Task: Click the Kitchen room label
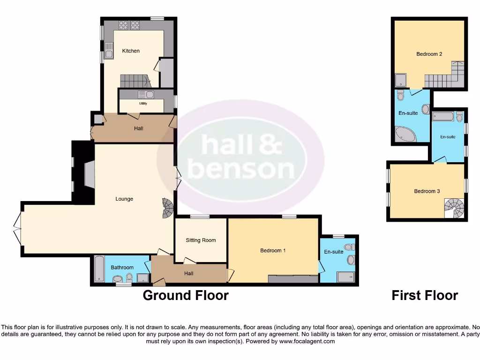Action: pyautogui.click(x=131, y=51)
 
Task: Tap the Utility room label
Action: pyautogui.click(x=142, y=103)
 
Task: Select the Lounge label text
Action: pyautogui.click(x=124, y=199)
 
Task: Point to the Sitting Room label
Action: pyautogui.click(x=201, y=240)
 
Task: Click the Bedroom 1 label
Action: pyautogui.click(x=273, y=251)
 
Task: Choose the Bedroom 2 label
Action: pyautogui.click(x=429, y=54)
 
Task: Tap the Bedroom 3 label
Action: pyautogui.click(x=427, y=191)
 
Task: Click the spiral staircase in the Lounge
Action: pyautogui.click(x=168, y=209)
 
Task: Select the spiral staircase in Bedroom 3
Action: pyautogui.click(x=454, y=209)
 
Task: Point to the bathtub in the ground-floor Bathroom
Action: pyautogui.click(x=99, y=269)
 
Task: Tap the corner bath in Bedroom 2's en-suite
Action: pyautogui.click(x=405, y=135)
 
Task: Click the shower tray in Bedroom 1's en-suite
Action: pyautogui.click(x=346, y=277)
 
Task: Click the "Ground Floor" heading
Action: pyautogui.click(x=186, y=296)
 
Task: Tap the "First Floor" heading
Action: pyautogui.click(x=425, y=296)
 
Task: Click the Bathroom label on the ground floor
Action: pyautogui.click(x=122, y=268)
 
